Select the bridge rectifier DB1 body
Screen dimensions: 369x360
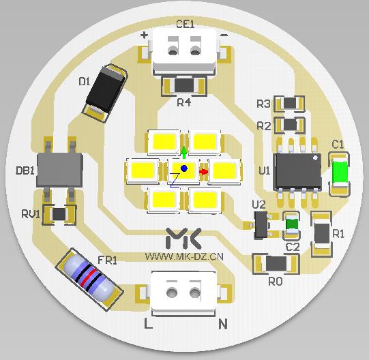[59, 170]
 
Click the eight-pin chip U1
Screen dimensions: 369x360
[297, 172]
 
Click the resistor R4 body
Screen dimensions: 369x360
[184, 86]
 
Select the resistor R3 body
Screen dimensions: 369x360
[290, 103]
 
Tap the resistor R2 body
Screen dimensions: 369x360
[290, 124]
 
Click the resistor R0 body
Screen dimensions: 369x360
[276, 263]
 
